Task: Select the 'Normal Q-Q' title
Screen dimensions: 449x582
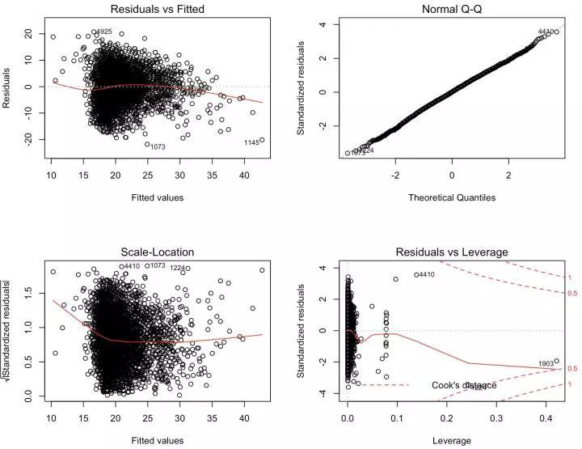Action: pyautogui.click(x=452, y=10)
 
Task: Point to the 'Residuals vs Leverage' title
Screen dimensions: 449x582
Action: pyautogui.click(x=452, y=252)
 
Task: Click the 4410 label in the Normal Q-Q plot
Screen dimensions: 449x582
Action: pyautogui.click(x=548, y=32)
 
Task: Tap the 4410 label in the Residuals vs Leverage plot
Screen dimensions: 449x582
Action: pyautogui.click(x=424, y=275)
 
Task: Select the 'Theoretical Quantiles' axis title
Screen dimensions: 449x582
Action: pyautogui.click(x=452, y=197)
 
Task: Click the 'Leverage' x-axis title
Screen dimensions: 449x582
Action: pyautogui.click(x=452, y=440)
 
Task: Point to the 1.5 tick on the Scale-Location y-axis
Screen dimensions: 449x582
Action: pyautogui.click(x=31, y=298)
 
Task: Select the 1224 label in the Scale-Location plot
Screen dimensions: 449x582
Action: pyautogui.click(x=179, y=268)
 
